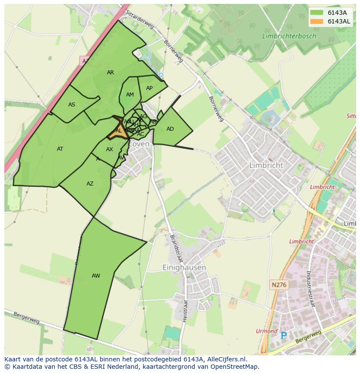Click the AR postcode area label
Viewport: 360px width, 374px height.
click(110, 73)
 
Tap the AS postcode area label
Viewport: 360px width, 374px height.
click(72, 104)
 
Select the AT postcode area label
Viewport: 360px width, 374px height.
click(60, 149)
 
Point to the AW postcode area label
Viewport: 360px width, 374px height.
click(96, 276)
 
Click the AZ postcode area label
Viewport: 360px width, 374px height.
click(90, 184)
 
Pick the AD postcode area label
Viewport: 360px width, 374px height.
click(170, 129)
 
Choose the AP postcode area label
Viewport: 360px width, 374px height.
click(149, 88)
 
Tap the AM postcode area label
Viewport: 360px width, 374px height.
click(130, 95)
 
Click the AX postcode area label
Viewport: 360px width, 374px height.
click(110, 149)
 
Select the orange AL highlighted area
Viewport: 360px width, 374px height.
click(119, 131)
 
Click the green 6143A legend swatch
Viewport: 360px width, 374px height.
click(317, 13)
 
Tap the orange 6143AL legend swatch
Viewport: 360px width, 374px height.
click(317, 21)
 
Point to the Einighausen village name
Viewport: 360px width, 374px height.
click(184, 268)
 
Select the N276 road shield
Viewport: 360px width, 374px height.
click(279, 285)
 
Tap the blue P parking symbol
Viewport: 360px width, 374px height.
click(284, 335)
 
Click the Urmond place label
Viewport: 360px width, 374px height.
click(267, 331)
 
